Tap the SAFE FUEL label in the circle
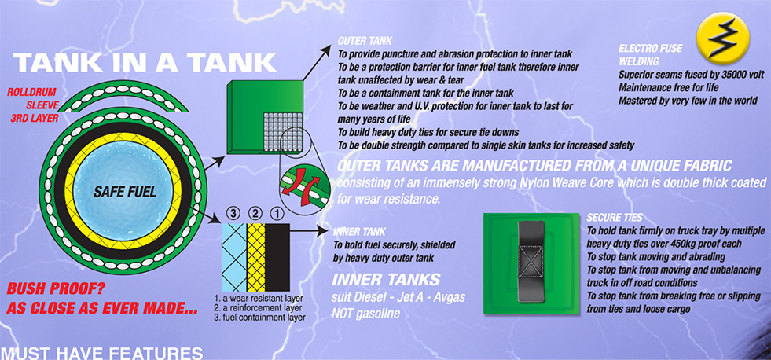(x=125, y=191)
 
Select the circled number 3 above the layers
(x=233, y=214)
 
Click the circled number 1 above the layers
(x=277, y=214)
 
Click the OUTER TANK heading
(x=365, y=41)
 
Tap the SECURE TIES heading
(x=614, y=218)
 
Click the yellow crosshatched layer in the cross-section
(x=255, y=257)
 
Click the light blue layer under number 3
(x=233, y=257)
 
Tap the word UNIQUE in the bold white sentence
(x=633, y=166)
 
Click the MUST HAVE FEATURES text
(x=102, y=353)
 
